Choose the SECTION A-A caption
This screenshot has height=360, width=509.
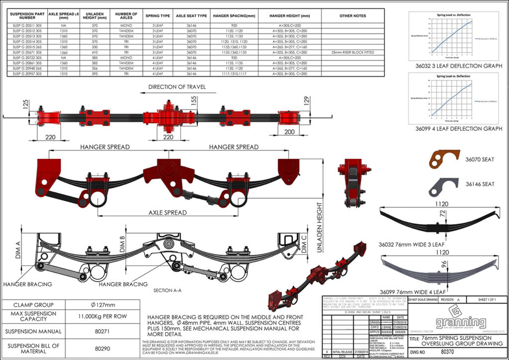click(170, 290)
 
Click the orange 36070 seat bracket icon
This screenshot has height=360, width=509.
click(444, 160)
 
